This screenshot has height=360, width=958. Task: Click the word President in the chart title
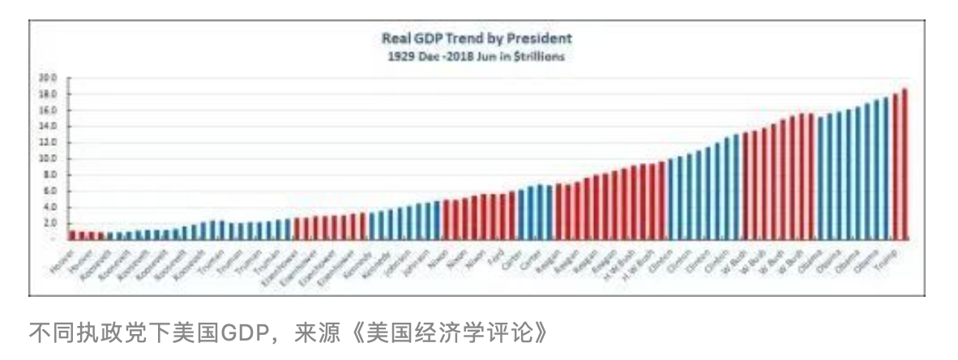[x=544, y=38]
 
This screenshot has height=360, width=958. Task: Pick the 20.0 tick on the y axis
[x=47, y=79]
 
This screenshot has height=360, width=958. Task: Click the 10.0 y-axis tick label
[x=47, y=159]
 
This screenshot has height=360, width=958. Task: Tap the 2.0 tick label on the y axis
[x=49, y=223]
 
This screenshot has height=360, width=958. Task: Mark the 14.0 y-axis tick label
[x=47, y=126]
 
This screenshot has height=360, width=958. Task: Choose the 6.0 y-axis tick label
[x=49, y=191]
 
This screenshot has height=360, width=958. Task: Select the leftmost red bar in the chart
[x=72, y=234]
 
